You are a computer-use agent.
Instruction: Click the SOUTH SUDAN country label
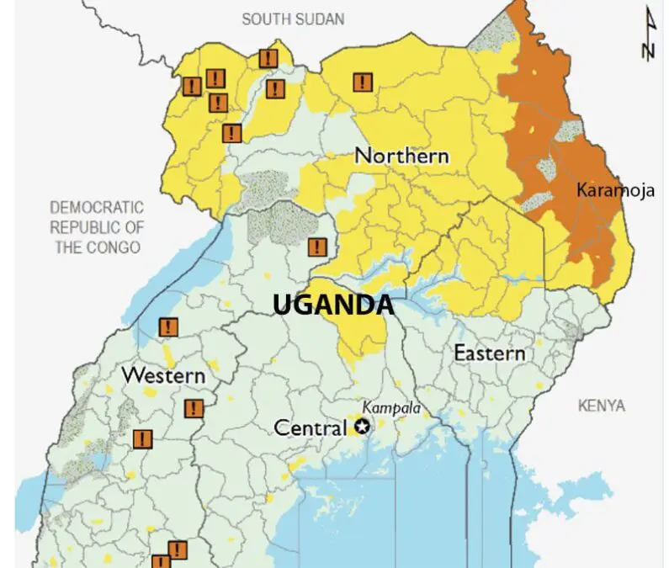point(294,19)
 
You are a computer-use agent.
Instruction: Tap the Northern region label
point(401,156)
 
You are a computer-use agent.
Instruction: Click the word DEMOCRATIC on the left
point(97,207)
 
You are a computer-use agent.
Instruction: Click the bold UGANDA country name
point(333,305)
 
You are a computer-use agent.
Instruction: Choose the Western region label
point(163,375)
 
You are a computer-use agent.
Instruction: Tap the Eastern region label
point(489,353)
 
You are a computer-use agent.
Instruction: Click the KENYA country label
point(602,406)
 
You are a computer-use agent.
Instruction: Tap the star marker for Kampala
point(363,427)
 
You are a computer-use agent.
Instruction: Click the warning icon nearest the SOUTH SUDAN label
point(268,58)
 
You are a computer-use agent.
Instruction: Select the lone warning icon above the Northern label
point(362,82)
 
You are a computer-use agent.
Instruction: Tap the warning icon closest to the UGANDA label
point(317,247)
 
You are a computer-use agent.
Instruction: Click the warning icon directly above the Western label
point(168,327)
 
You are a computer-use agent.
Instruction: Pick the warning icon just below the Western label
point(194,409)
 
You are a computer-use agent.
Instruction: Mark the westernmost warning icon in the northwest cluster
point(191,86)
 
